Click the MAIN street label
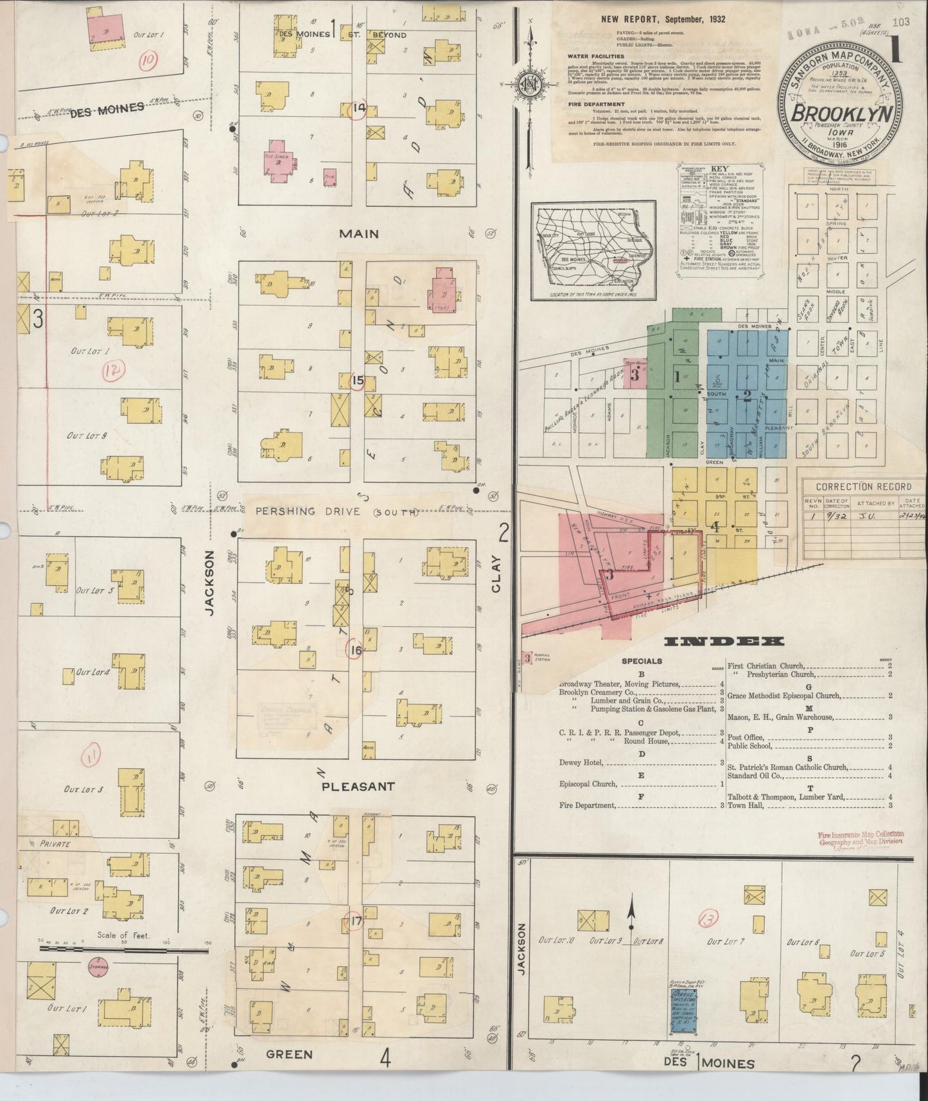pos(358,234)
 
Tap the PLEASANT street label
pos(358,786)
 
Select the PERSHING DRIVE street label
pos(337,511)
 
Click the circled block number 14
pos(358,109)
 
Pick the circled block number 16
pos(355,651)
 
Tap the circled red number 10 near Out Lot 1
pos(149,61)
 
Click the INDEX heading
pos(724,641)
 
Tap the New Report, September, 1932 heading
pos(663,19)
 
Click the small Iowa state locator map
pos(593,251)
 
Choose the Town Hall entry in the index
pos(745,805)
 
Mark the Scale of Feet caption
pos(124,935)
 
